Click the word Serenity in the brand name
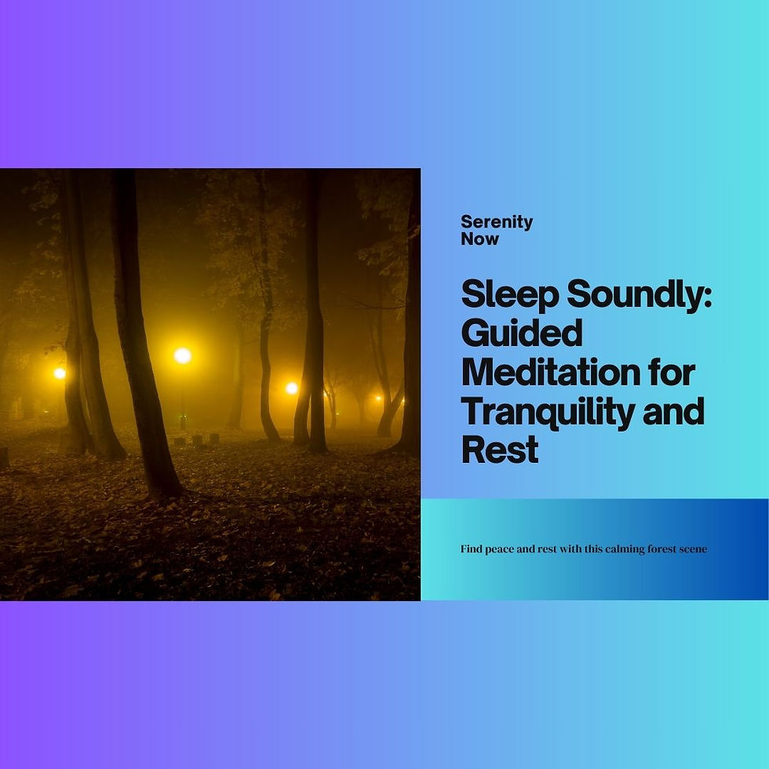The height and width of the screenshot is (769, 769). [x=497, y=222]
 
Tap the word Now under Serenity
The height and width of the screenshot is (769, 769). [x=479, y=239]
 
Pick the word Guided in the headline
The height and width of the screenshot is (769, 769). [x=522, y=333]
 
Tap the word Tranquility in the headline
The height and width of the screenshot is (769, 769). [x=552, y=411]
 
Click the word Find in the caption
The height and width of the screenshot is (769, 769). [x=472, y=549]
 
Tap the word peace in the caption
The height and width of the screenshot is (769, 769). [x=500, y=549]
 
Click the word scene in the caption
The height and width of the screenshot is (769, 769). [x=692, y=549]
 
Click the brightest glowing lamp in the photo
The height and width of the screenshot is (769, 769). [x=182, y=355]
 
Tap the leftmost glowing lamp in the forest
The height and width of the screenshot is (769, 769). [x=60, y=373]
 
